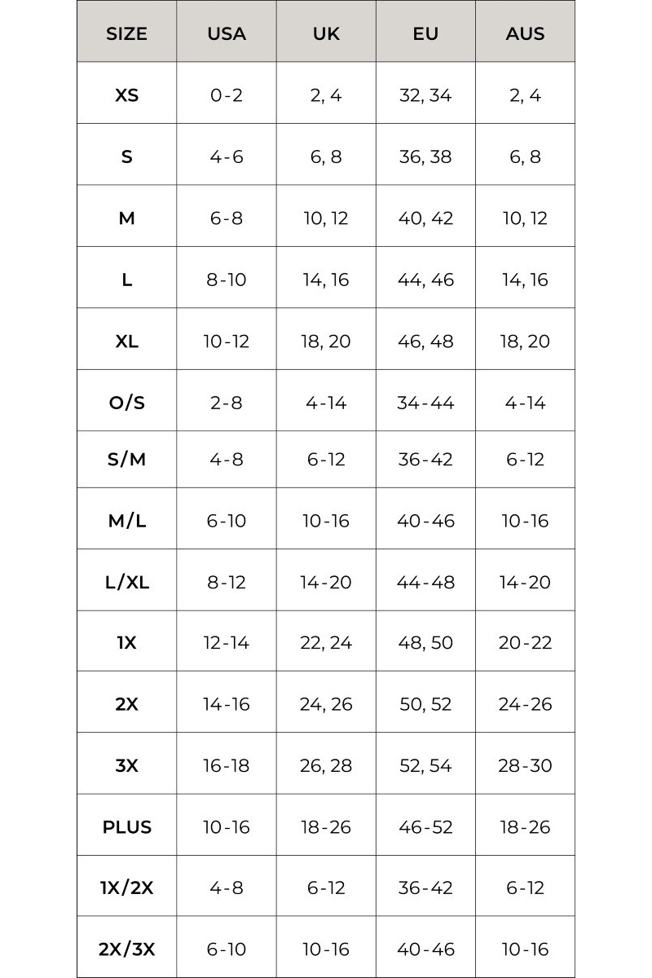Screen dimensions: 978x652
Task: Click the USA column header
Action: [x=227, y=34]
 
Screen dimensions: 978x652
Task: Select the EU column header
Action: [x=425, y=34]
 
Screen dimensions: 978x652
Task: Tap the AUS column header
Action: [x=525, y=34]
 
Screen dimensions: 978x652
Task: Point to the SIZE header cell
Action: [x=126, y=34]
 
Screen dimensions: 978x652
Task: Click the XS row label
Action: [x=126, y=95]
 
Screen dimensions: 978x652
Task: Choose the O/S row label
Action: [x=126, y=403]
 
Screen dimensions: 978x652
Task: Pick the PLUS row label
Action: [x=126, y=826]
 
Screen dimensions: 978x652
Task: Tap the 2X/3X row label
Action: [x=126, y=949]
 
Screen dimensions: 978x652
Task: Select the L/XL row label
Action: [x=126, y=582]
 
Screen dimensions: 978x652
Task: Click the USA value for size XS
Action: [x=227, y=95]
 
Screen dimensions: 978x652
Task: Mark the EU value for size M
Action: [x=425, y=218]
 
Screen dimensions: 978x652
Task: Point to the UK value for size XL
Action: [x=326, y=341]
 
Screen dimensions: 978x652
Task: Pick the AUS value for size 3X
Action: [x=525, y=765]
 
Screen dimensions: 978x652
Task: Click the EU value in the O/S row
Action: [x=425, y=403]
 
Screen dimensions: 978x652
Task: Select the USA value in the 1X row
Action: [x=227, y=642]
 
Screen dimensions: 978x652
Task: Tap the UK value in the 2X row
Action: [x=326, y=704]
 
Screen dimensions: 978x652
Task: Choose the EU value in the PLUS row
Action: [x=425, y=826]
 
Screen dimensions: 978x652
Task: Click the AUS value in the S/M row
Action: [x=525, y=459]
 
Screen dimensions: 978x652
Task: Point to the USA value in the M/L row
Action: [x=227, y=521]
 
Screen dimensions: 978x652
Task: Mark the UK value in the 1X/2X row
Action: [x=326, y=888]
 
